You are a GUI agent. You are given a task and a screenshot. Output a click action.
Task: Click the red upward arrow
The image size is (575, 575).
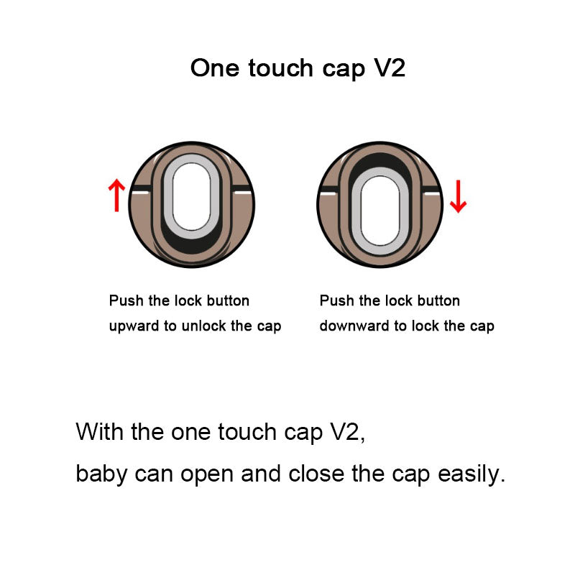click(116, 195)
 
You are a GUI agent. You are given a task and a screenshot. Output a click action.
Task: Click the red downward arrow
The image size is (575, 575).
click(458, 196)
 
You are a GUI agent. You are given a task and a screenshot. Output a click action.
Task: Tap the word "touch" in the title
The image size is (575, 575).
click(280, 68)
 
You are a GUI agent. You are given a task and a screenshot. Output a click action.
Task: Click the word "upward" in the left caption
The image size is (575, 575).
click(134, 326)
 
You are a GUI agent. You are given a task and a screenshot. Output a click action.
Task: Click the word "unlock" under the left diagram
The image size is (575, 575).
click(204, 326)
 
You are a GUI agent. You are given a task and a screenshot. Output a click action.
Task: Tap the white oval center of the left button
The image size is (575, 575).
click(191, 196)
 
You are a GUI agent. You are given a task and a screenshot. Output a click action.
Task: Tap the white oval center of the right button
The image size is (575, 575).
click(380, 211)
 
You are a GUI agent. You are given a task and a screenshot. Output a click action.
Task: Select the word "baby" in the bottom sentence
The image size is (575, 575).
click(101, 474)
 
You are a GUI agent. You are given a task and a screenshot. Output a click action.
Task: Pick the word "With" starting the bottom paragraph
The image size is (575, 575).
click(99, 432)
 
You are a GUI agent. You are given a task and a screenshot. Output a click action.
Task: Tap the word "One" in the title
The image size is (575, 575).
click(215, 68)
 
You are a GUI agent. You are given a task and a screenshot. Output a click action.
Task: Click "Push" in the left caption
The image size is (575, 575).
click(126, 300)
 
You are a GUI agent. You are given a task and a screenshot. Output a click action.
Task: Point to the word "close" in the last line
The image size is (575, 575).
click(316, 474)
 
